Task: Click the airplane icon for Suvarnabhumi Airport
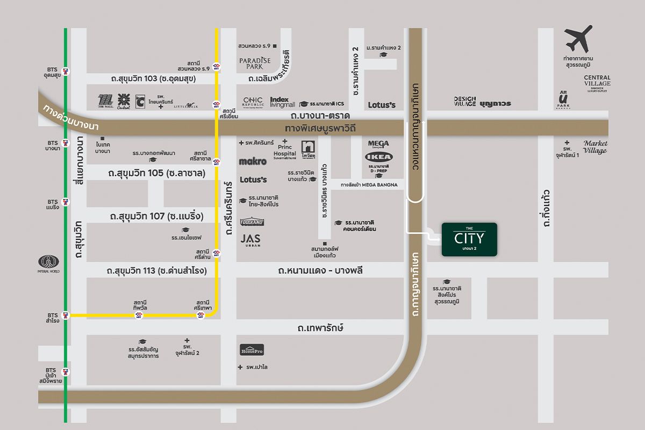(578, 38)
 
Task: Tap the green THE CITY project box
(469, 239)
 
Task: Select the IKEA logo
(379, 157)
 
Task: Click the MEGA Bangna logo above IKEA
(378, 144)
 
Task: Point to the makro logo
(253, 161)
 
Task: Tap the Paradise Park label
(255, 62)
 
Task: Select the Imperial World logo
(49, 263)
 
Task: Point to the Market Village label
(595, 147)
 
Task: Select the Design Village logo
(465, 102)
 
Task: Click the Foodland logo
(252, 221)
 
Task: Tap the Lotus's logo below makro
(253, 180)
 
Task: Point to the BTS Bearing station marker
(66, 202)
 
